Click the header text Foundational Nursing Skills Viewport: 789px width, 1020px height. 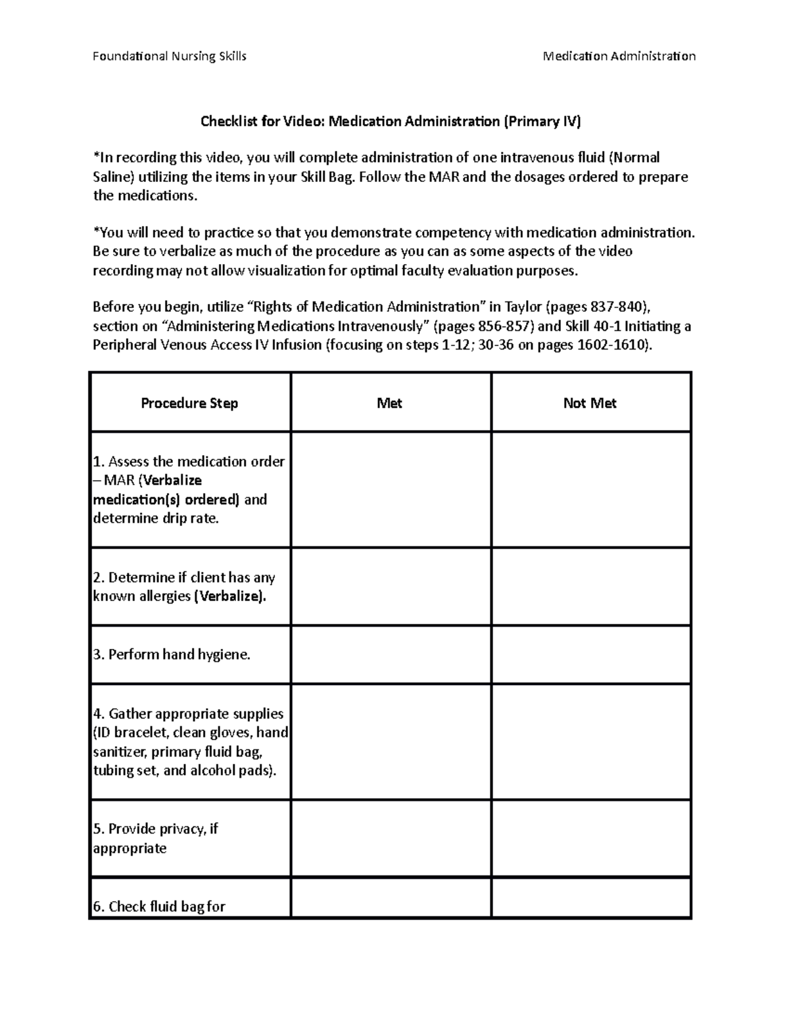point(169,56)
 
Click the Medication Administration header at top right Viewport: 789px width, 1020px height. point(619,56)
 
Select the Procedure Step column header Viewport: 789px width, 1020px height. point(189,403)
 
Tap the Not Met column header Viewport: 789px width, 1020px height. point(590,403)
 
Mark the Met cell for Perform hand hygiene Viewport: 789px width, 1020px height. point(391,655)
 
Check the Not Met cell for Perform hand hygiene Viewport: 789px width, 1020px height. point(590,655)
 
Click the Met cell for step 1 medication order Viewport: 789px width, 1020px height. point(391,490)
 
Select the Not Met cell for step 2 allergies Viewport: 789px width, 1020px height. point(590,587)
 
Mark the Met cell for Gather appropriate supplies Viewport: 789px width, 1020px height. point(391,742)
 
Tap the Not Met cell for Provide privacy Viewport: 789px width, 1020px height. point(590,838)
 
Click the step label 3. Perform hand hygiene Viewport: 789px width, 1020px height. point(172,655)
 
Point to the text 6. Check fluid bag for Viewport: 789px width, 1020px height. point(159,907)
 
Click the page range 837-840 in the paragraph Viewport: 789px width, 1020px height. point(614,307)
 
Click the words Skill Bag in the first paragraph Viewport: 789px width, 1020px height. point(329,177)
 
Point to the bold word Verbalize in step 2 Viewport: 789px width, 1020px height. point(230,596)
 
